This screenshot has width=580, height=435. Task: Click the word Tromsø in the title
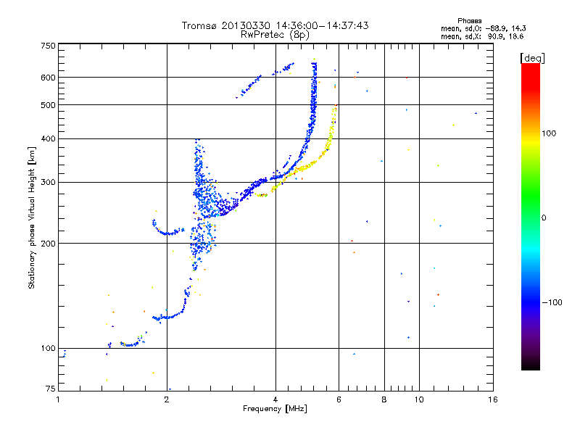tap(199, 25)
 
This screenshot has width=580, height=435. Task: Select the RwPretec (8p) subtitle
tap(275, 34)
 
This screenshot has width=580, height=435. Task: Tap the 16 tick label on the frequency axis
tap(492, 399)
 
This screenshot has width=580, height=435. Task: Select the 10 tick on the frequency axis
tap(418, 399)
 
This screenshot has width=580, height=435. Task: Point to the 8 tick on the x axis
tap(384, 399)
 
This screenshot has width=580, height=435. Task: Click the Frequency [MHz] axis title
tap(275, 410)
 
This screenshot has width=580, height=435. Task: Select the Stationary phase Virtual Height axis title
tap(32, 217)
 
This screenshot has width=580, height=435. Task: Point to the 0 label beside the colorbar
tap(544, 217)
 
